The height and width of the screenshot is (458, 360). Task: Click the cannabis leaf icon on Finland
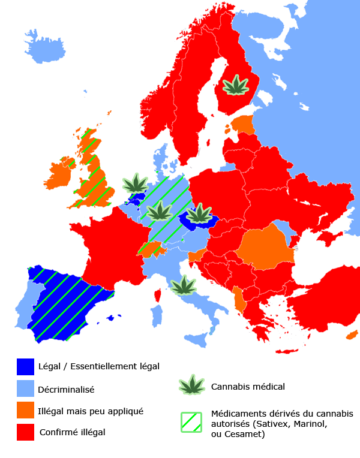236,86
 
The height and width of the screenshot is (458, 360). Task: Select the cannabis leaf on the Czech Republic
199,213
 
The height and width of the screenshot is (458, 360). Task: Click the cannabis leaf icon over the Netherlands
136,183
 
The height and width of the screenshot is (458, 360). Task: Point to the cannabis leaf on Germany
160,211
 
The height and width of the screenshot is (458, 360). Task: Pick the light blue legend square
26,388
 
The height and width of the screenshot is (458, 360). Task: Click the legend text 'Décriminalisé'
66,389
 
